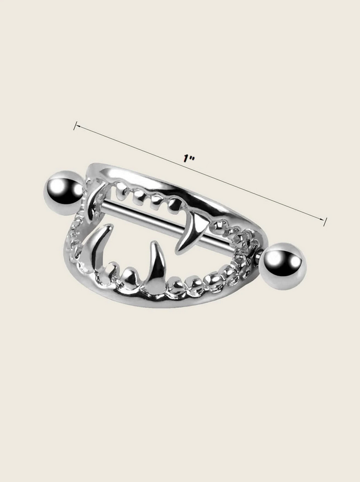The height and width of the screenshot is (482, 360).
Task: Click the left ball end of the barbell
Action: (64, 193)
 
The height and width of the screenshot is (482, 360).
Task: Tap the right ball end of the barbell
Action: (282, 266)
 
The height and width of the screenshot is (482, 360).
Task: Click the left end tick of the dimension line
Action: (75, 126)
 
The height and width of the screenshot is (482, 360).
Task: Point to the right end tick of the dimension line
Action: (325, 221)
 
